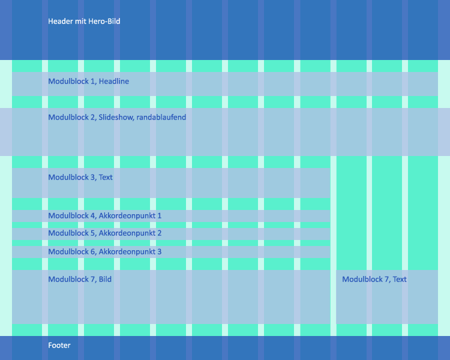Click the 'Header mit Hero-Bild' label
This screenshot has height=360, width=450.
[84, 22]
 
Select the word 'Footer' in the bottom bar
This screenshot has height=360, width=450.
[59, 346]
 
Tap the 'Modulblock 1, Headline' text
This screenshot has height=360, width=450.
[88, 82]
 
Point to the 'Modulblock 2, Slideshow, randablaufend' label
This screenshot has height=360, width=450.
[117, 118]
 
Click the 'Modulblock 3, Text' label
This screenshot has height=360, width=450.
[80, 178]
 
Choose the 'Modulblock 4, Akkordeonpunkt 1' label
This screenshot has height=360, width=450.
[105, 215]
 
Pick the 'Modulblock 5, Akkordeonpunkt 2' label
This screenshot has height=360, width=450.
[105, 233]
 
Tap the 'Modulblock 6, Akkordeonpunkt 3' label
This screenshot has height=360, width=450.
[105, 252]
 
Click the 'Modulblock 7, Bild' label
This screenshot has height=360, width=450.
[80, 280]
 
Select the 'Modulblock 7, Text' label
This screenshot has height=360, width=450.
[374, 280]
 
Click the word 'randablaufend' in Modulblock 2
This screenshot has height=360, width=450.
[161, 118]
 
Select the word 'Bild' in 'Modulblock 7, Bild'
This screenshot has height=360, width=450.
[105, 280]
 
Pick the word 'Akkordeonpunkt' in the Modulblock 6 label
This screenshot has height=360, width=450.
[127, 252]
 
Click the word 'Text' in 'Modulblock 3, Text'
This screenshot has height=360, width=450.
[106, 178]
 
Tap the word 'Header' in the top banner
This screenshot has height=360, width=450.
[60, 22]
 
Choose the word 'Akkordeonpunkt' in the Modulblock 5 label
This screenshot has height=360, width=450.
[127, 233]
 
